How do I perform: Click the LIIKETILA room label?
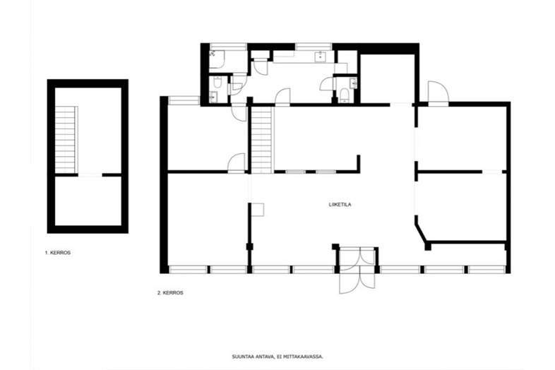pos(340,205)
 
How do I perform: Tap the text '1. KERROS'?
pos(58,253)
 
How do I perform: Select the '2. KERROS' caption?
pos(170,293)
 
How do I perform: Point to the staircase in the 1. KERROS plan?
pos(66,140)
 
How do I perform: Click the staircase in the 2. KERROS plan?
pos(262,140)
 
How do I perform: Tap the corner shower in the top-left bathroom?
pos(217,59)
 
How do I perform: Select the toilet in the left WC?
pos(217,83)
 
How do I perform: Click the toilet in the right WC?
pos(343,95)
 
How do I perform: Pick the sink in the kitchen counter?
pos(321,56)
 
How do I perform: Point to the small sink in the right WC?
pos(353,83)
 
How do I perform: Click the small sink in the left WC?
pos(213,95)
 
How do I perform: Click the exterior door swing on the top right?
pos(438,92)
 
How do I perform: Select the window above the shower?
pos(228,47)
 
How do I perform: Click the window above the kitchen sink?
pos(314,47)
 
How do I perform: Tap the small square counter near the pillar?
pos(258,209)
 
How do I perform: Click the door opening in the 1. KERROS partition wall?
pos(90,175)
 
